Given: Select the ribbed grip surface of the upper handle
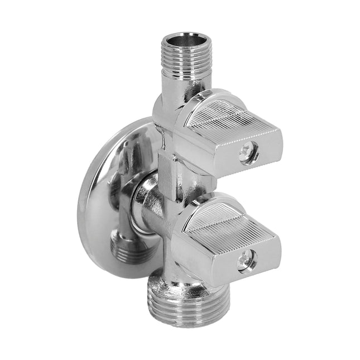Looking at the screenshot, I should [234, 118].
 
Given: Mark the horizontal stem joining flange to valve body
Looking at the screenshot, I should [146, 204].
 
